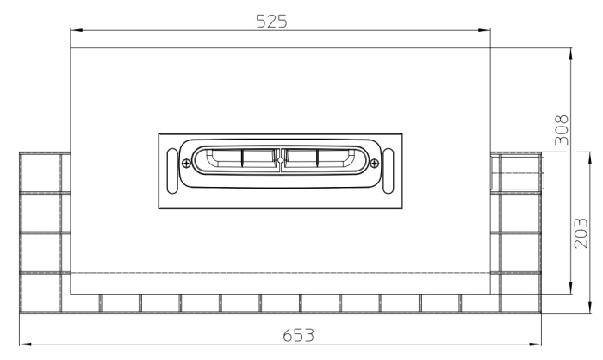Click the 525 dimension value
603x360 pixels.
pyautogui.click(x=271, y=22)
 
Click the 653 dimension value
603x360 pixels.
pyautogui.click(x=298, y=335)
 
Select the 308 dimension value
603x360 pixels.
pyautogui.click(x=562, y=129)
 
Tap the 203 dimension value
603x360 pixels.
pyautogui.click(x=581, y=233)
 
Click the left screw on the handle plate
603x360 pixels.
pyautogui.click(x=187, y=164)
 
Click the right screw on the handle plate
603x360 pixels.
pyautogui.click(x=374, y=164)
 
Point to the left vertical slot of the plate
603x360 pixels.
pyautogui.click(x=172, y=171)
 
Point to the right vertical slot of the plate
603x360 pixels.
pyautogui.click(x=388, y=171)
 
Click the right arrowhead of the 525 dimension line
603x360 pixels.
pyautogui.click(x=484, y=30)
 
